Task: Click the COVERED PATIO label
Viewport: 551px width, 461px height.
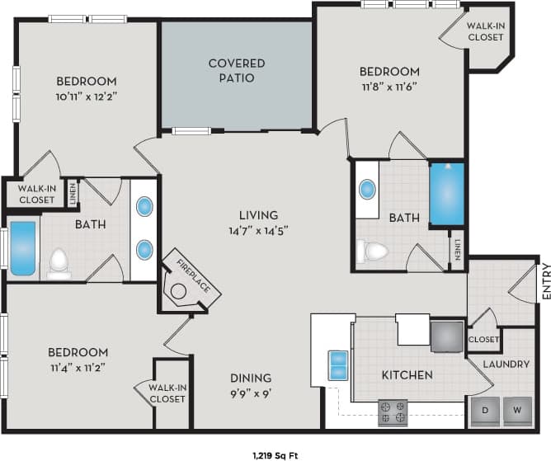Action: (x=236, y=70)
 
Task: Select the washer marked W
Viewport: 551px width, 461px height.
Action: (x=517, y=410)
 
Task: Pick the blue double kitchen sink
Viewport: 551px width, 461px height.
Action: (x=338, y=365)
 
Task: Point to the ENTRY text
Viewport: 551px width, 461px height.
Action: (x=545, y=281)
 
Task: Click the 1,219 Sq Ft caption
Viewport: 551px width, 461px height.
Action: (x=275, y=454)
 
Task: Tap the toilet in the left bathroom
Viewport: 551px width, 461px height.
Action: (x=59, y=263)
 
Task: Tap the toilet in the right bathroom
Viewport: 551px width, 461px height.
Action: (x=375, y=250)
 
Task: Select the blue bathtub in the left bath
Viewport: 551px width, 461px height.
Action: (x=23, y=248)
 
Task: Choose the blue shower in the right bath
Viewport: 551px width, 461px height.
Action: (x=447, y=195)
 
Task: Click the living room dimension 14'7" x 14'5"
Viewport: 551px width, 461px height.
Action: (x=258, y=230)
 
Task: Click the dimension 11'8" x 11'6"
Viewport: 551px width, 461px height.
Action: (x=390, y=86)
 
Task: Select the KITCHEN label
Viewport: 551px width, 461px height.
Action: (x=407, y=375)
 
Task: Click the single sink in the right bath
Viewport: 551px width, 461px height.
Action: (x=367, y=190)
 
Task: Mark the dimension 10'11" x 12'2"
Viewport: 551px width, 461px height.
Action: (x=86, y=96)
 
